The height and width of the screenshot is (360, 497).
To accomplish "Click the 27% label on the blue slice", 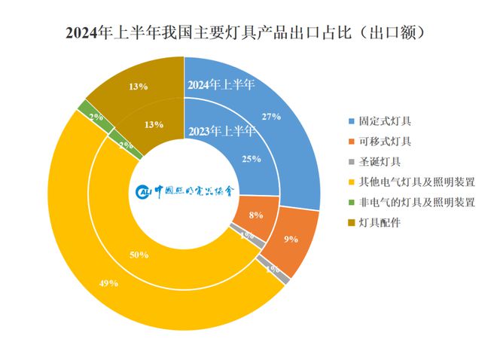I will click(270, 117).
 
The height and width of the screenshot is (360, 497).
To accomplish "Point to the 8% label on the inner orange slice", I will click(255, 215).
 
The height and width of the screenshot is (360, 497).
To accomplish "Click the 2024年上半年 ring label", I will click(221, 84).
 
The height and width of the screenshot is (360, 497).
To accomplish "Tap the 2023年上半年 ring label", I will click(221, 132).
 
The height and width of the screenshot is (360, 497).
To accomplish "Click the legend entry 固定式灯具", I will click(385, 121).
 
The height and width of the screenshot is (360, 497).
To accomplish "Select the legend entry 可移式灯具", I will click(385, 141).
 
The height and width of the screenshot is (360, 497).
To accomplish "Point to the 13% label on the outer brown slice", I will click(138, 87).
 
